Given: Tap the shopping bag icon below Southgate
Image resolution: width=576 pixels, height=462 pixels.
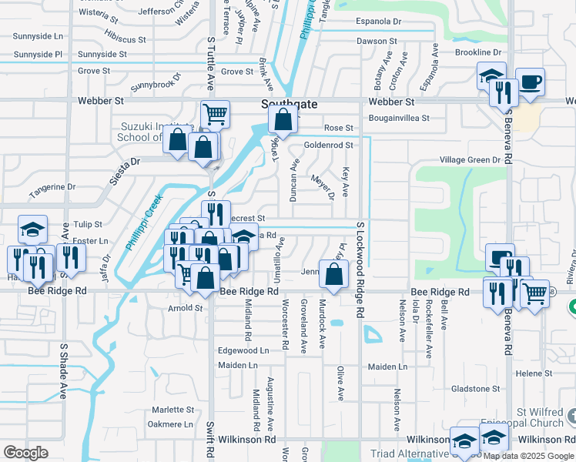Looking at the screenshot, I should pyautogui.click(x=283, y=120).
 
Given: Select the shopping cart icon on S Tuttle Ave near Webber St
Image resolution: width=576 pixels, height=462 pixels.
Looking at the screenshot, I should pyautogui.click(x=216, y=115).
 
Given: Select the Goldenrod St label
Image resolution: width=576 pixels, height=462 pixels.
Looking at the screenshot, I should pyautogui.click(x=328, y=145).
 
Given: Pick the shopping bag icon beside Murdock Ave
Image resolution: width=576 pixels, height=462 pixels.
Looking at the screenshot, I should pyautogui.click(x=333, y=275).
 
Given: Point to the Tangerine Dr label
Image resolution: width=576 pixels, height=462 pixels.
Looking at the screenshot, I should pyautogui.click(x=52, y=186).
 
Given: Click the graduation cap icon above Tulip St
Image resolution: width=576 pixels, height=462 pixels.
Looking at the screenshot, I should pyautogui.click(x=32, y=229).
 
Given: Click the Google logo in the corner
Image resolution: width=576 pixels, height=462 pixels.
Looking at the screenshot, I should pyautogui.click(x=25, y=453).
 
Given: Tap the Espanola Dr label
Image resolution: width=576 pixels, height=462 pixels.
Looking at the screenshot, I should pyautogui.click(x=379, y=22).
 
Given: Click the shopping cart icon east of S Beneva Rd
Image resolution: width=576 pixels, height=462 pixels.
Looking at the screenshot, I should pyautogui.click(x=535, y=293).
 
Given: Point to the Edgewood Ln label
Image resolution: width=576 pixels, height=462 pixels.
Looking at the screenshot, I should pyautogui.click(x=243, y=350).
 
